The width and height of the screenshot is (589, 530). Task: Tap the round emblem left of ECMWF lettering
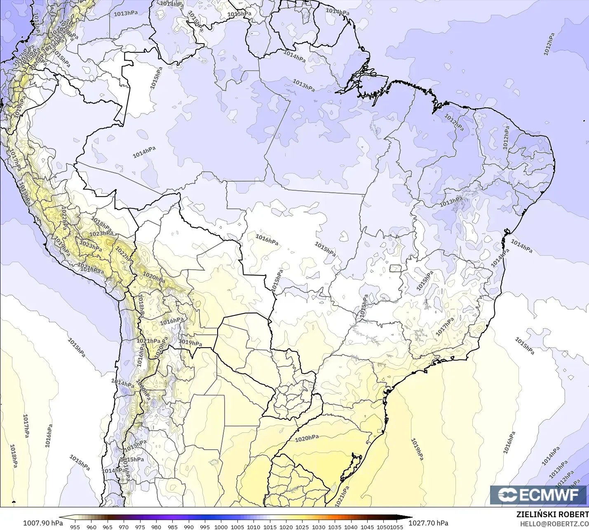(507, 495)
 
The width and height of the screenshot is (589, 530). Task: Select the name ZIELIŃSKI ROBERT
(552, 514)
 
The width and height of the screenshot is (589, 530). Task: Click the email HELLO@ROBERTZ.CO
(554, 524)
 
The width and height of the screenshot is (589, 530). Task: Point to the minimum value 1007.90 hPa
(43, 523)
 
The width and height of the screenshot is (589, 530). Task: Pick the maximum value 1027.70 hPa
(428, 523)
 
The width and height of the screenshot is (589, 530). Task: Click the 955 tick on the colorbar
(75, 527)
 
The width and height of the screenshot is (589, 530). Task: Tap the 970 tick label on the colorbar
(124, 527)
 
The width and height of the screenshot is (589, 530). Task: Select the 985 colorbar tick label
(172, 527)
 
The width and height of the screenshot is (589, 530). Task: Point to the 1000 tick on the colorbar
(221, 527)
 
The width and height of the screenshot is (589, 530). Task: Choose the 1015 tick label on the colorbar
(270, 527)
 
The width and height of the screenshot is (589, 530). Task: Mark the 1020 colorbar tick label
(286, 527)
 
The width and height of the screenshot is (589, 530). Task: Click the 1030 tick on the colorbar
(318, 527)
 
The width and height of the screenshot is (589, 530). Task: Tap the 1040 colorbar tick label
(351, 527)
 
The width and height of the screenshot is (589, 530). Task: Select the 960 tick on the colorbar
(92, 527)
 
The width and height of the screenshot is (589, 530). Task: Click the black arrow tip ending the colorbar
(410, 518)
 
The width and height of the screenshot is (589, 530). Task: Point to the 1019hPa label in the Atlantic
(417, 449)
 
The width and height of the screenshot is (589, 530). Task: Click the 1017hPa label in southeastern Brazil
(445, 326)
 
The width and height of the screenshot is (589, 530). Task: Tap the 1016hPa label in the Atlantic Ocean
(509, 442)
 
